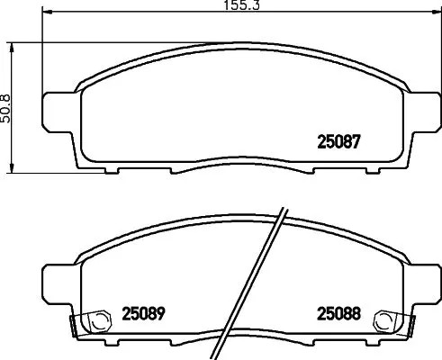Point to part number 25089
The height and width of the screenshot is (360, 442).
(142, 315)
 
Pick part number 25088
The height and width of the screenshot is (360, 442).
(338, 315)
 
